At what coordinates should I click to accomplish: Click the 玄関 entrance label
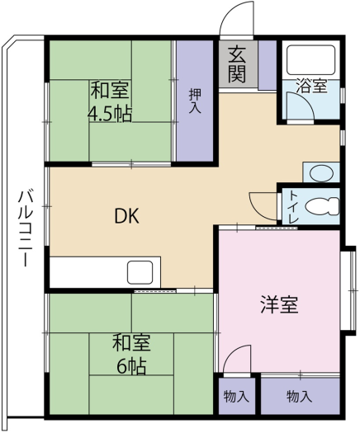[x=238, y=65]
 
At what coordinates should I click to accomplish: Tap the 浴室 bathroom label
[x=312, y=86]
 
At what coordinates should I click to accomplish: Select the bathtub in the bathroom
[x=311, y=60]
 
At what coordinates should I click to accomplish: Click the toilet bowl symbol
[x=322, y=205]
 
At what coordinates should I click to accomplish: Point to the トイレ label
[x=293, y=206]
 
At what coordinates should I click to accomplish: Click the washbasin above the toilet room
[x=321, y=172]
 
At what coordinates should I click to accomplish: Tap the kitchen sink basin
[x=140, y=272]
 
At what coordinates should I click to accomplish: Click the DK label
[x=126, y=216]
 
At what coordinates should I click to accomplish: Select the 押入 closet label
[x=195, y=101]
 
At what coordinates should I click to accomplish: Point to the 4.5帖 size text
[x=110, y=114]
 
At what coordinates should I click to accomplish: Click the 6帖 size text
[x=131, y=367]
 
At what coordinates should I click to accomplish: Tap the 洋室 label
[x=280, y=304]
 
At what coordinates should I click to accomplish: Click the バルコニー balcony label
[x=26, y=228]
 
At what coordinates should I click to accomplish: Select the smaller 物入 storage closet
[x=237, y=396]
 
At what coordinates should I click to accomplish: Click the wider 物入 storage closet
[x=301, y=396]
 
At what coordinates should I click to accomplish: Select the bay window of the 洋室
[x=349, y=290]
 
